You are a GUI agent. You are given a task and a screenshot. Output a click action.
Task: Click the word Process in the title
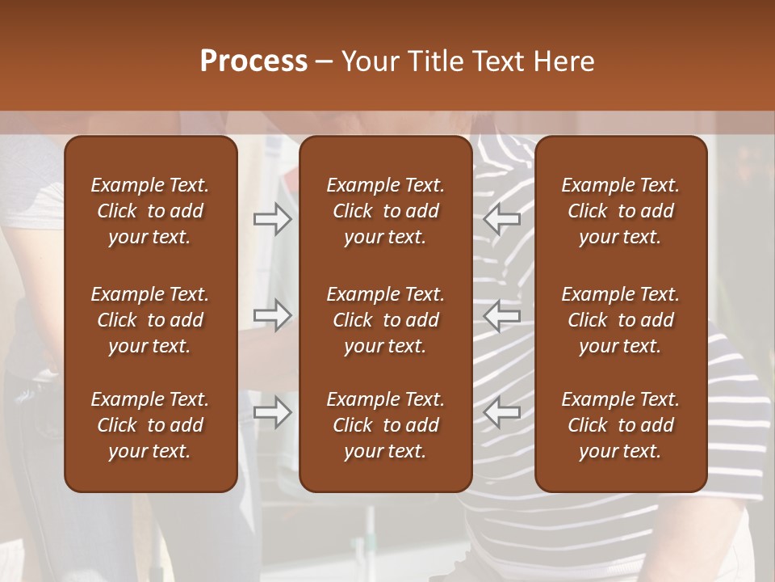click(x=253, y=61)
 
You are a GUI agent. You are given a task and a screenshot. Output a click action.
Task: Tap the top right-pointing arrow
click(x=272, y=219)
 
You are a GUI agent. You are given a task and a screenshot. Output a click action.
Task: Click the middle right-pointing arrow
click(x=272, y=314)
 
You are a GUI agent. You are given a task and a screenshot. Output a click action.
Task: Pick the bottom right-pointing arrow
click(x=272, y=412)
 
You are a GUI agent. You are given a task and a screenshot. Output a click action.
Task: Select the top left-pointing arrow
click(x=502, y=219)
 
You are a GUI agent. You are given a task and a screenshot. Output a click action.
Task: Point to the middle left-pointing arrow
click(x=502, y=314)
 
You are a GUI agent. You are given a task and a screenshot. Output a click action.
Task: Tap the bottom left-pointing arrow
click(x=502, y=412)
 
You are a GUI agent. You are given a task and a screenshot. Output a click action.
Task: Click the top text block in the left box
click(x=150, y=211)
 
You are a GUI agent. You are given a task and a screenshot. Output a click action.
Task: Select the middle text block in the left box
click(x=150, y=320)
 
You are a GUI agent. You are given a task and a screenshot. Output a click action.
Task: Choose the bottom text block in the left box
click(x=150, y=425)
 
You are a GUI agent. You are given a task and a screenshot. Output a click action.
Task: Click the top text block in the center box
click(x=386, y=211)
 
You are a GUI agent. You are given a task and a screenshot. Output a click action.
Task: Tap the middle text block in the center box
click(x=386, y=320)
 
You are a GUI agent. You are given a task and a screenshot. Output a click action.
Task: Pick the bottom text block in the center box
click(x=386, y=425)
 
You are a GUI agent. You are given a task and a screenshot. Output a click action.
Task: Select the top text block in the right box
click(x=621, y=211)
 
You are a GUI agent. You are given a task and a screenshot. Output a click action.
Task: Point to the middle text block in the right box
click(x=621, y=320)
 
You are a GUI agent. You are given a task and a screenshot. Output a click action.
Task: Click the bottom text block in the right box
click(x=621, y=425)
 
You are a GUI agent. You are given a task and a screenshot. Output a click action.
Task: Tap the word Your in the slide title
click(x=371, y=61)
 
